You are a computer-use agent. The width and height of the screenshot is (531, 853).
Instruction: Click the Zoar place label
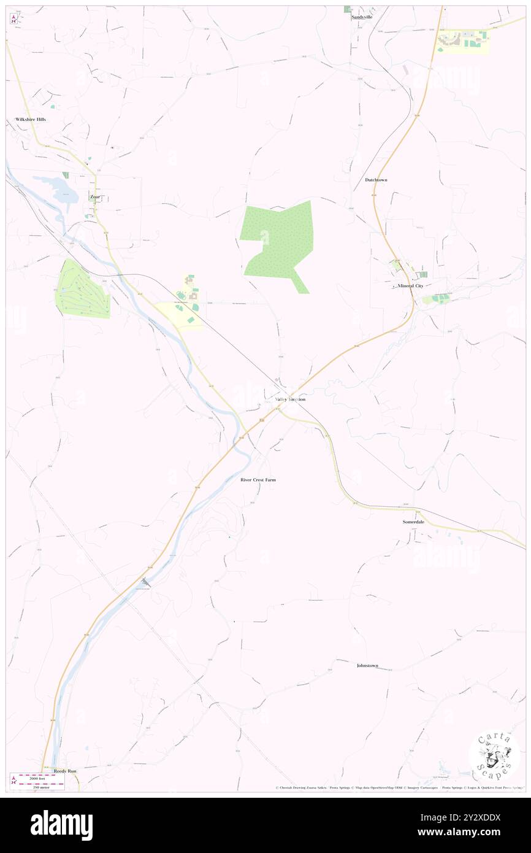pos(94,197)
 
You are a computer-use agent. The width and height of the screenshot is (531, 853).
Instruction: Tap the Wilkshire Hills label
pos(31,119)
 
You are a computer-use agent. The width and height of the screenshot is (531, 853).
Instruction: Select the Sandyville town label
pos(362,17)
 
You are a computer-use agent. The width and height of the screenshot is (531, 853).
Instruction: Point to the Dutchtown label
pos(376,180)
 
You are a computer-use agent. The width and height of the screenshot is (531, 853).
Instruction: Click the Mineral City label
pos(410,286)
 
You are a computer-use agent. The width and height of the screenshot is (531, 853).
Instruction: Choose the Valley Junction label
pos(290,399)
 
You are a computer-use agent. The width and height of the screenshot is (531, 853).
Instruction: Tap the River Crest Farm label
pos(258,479)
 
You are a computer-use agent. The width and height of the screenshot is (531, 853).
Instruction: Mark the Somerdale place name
pos(413,522)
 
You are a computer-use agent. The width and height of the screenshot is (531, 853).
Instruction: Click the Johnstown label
pos(367,665)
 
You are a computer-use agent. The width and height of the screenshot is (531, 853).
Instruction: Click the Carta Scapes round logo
pos(494,755)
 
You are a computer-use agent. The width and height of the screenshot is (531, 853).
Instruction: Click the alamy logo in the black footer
pos(61,825)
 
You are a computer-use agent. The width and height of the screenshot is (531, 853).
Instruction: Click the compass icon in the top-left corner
pos(13,19)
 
